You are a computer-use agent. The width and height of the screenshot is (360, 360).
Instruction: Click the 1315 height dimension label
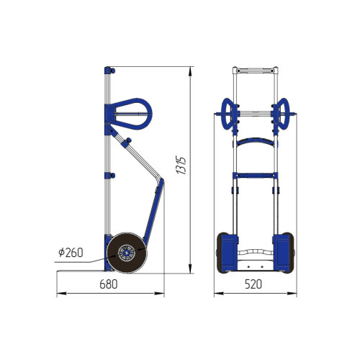[181, 166]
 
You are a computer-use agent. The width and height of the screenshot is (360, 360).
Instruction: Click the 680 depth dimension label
[109, 284]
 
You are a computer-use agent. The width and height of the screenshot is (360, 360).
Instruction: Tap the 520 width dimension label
[253, 284]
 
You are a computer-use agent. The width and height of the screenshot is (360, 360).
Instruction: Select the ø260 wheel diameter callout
[71, 253]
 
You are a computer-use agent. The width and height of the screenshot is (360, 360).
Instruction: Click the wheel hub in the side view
[126, 253]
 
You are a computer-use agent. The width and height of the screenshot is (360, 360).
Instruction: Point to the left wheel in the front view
[222, 253]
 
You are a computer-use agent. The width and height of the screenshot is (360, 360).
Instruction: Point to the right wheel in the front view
[288, 253]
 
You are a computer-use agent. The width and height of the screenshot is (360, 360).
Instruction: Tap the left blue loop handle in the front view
[227, 114]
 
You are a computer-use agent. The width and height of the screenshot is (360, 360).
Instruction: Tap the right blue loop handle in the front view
[284, 114]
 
